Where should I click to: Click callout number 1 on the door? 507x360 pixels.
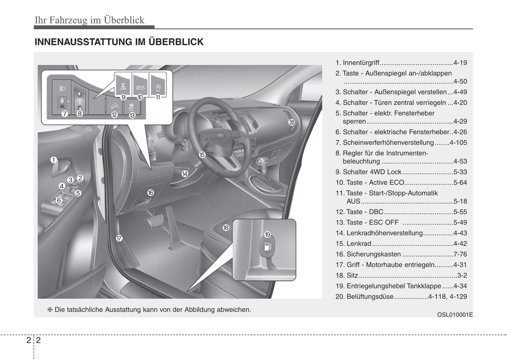[x=54, y=160]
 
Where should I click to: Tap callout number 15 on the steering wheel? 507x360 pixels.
[x=202, y=154]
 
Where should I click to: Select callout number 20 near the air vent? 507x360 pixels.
[x=292, y=122]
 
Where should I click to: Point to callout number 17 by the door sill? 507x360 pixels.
[x=119, y=239]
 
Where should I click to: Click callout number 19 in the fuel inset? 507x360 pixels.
[x=267, y=234]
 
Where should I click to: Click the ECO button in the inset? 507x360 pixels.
[x=140, y=84]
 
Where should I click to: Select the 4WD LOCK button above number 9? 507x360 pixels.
[x=123, y=84]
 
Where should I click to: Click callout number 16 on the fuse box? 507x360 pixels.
[x=151, y=193]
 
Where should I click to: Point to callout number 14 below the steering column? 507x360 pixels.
[x=185, y=173]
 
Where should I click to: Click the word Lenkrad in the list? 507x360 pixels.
[x=359, y=244]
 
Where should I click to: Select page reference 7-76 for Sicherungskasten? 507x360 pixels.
[x=460, y=254]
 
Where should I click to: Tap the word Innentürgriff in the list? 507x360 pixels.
[x=361, y=63]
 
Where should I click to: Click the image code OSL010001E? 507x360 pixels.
[x=455, y=314]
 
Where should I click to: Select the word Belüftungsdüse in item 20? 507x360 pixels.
[x=370, y=296]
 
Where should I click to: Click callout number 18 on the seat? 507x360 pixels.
[x=226, y=228]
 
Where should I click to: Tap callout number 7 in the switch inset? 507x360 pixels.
[x=65, y=114]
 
